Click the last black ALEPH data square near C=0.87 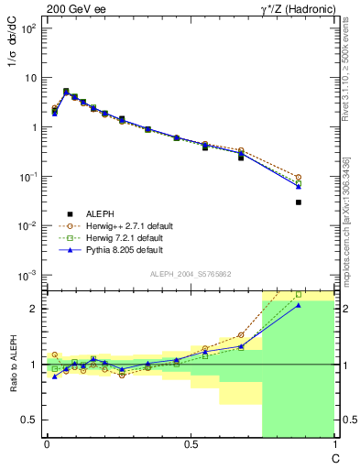point(299,202)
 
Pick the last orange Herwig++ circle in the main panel point(299,177)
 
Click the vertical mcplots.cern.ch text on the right point(347,220)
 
